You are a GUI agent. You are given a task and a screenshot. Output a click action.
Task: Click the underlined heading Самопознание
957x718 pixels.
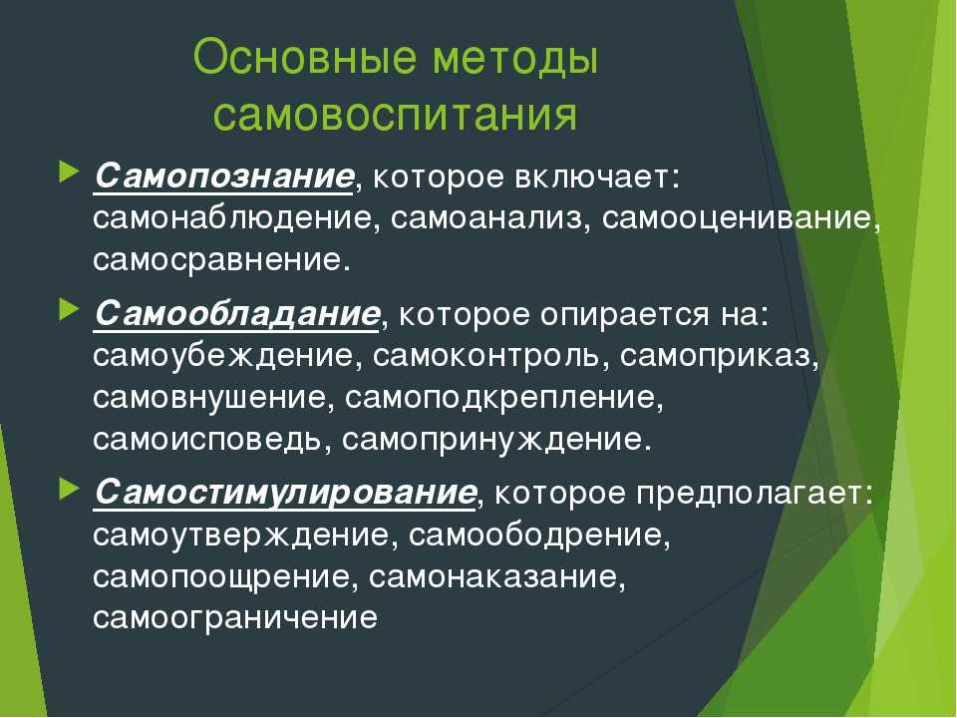pos(224,177)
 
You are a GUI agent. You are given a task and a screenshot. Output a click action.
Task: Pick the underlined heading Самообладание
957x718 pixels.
pos(237,314)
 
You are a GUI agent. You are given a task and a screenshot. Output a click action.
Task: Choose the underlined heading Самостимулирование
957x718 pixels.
pos(285,493)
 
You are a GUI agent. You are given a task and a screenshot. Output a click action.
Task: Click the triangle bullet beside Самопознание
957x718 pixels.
pos(69,173)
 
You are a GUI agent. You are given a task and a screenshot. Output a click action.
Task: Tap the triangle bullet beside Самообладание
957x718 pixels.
pos(69,309)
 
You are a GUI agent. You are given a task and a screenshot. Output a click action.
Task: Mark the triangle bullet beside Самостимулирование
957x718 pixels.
pos(69,489)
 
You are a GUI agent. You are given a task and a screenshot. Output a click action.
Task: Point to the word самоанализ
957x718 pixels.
pos(487,219)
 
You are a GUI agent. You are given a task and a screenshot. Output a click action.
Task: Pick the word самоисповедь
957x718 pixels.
pos(207,440)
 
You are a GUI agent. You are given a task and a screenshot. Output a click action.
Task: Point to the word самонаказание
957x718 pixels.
pos(493,577)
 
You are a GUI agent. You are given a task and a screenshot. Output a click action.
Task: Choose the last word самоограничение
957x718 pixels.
pos(235,618)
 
